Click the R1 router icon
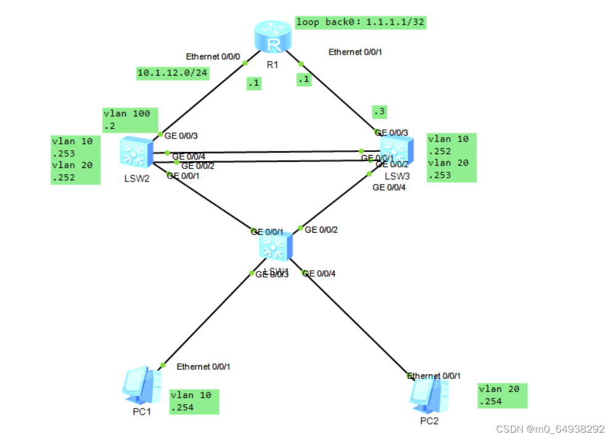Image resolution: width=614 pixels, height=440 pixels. coord(272,40)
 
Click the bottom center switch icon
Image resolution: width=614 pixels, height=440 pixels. coord(274,247)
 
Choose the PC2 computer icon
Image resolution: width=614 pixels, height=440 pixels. coord(428,394)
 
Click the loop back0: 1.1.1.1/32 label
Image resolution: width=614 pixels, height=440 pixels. coord(361,23)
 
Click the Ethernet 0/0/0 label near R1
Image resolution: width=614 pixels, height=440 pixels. coord(211,57)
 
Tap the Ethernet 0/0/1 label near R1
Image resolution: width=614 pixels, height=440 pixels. coord(354,52)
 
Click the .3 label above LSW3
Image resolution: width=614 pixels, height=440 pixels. coord(380,112)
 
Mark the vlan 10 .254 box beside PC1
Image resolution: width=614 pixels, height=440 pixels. coord(194,401)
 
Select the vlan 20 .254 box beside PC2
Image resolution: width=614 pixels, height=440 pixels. coord(502,395)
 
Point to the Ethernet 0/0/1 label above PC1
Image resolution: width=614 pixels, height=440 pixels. coord(203,367)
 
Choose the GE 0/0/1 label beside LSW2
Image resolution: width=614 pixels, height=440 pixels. coord(183,175)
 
